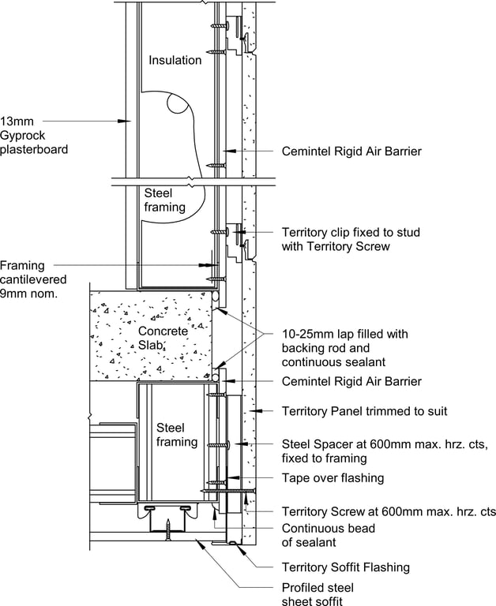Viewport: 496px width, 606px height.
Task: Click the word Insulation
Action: pos(175,60)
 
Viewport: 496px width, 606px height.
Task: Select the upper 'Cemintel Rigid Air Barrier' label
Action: pos(351,151)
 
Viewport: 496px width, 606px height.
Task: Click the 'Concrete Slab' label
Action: pos(163,338)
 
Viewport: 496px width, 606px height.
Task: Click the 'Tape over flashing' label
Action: pos(333,477)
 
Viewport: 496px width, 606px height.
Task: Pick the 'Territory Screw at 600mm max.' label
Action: pos(389,511)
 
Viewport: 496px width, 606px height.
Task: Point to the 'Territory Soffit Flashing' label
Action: pos(345,567)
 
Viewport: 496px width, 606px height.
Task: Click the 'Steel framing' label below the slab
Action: pos(177,435)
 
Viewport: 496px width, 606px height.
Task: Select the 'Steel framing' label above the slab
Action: pos(165,200)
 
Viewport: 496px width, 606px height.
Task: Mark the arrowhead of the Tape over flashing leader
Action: pos(227,477)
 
